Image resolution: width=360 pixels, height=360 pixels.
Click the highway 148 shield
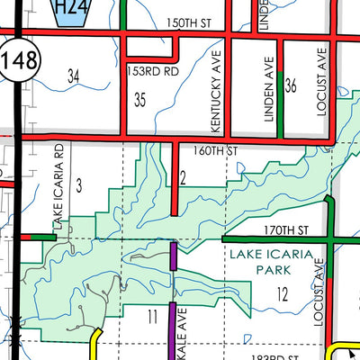tap(15, 61)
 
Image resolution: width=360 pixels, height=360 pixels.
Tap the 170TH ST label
tap(288, 230)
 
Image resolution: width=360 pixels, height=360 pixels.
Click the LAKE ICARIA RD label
tap(58, 184)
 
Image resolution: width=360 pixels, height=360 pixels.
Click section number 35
tap(139, 100)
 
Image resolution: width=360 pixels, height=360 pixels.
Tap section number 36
tap(290, 86)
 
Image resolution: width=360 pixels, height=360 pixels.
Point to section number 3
tap(79, 185)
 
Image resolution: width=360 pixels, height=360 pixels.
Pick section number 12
tap(283, 293)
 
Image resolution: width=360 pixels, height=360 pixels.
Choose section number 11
tap(152, 315)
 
